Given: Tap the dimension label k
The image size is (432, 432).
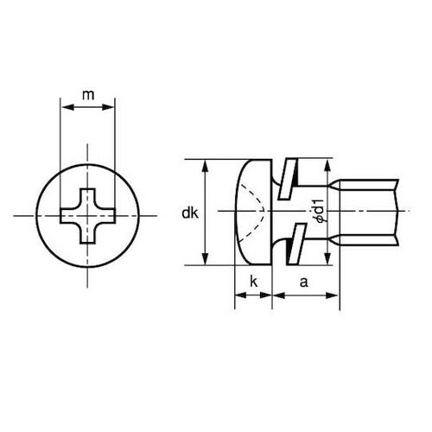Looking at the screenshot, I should coord(253,281).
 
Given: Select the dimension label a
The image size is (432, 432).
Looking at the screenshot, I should coord(304,281).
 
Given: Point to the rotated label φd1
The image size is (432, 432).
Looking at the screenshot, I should coord(320,213).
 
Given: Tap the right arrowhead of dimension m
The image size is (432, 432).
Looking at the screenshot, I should coord(110,108).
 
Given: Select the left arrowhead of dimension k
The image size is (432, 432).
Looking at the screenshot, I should coord(239,295).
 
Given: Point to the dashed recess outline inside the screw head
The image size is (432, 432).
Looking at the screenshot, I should coord(257,213).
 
